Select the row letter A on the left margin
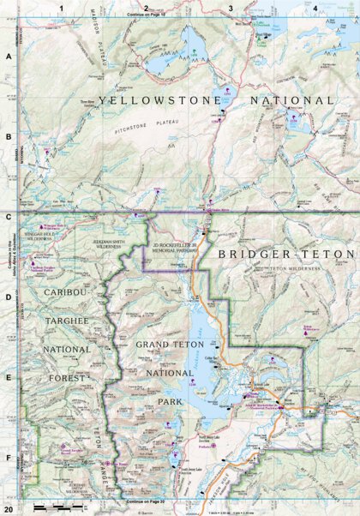point(9,57)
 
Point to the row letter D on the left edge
point(9,298)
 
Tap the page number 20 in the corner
point(8,509)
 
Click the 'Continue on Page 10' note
point(147,15)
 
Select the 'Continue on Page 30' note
point(147,500)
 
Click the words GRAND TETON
point(168,343)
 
